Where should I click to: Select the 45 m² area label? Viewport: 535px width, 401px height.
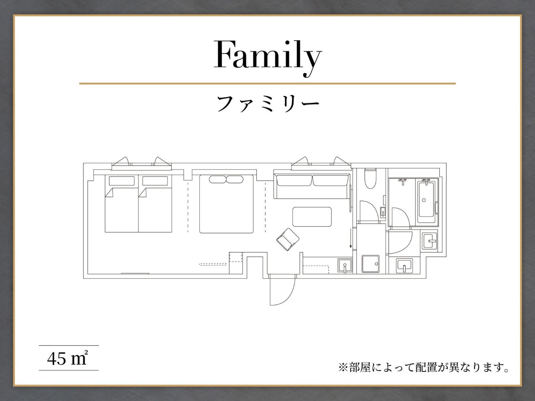(x=68, y=358)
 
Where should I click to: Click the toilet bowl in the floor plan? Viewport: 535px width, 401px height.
(x=370, y=178)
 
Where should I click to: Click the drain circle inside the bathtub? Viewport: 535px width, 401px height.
(x=424, y=200)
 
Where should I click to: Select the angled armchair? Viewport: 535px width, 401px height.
(x=288, y=240)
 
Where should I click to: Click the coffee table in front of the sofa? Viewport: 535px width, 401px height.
(x=312, y=217)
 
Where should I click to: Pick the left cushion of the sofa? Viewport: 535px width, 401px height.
(x=294, y=180)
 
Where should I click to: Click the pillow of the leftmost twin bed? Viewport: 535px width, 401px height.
(x=122, y=181)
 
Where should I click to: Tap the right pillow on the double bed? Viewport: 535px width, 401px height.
(x=235, y=179)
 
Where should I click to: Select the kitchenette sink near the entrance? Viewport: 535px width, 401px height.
(x=345, y=266)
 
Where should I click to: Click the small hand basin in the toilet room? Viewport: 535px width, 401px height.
(x=383, y=212)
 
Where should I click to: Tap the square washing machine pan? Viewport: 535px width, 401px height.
(x=370, y=264)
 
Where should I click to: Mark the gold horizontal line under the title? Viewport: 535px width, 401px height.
(x=267, y=84)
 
